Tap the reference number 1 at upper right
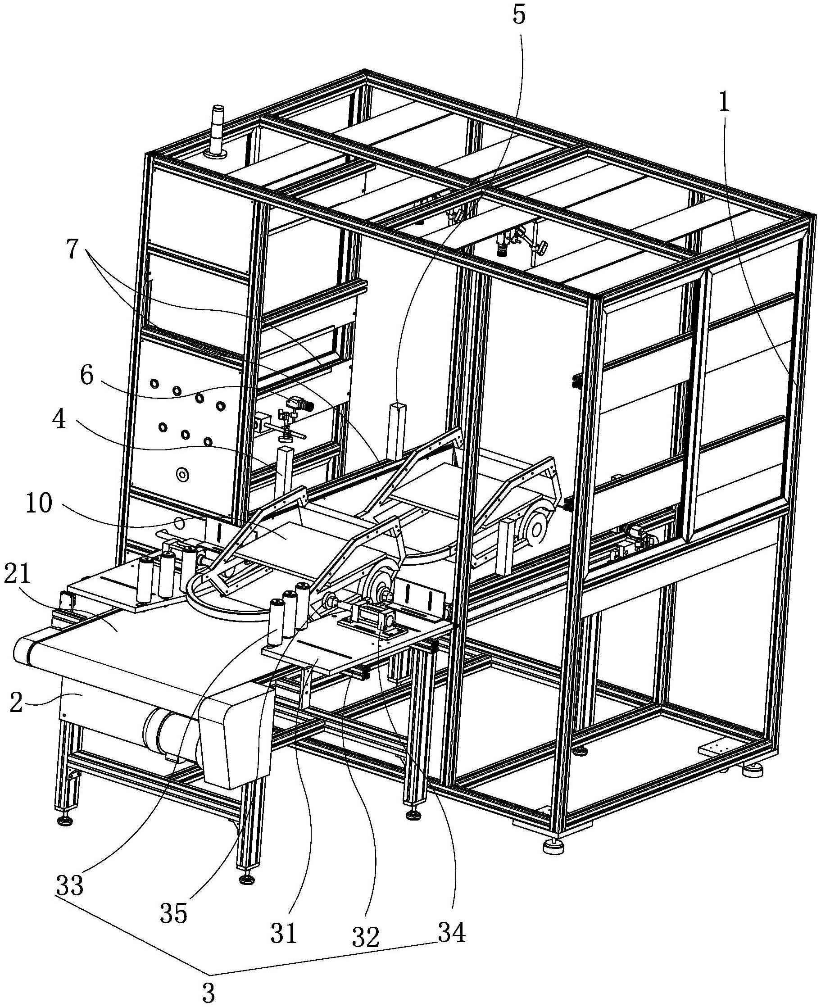pyautogui.click(x=725, y=102)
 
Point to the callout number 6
pyautogui.click(x=86, y=376)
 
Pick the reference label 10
pyautogui.click(x=39, y=504)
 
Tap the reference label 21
pyautogui.click(x=18, y=575)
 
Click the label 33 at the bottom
pyautogui.click(x=70, y=885)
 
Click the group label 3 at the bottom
pyautogui.click(x=208, y=991)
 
